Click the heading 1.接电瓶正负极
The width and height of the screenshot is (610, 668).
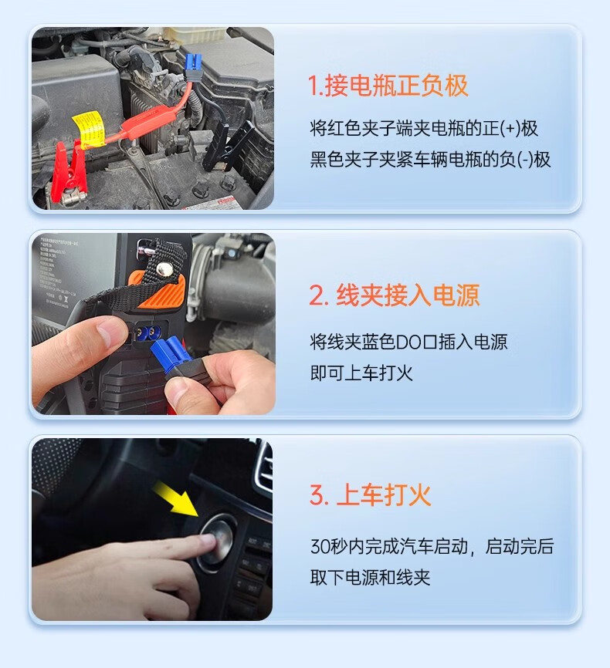(x=388, y=86)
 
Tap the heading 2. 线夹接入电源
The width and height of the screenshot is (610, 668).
(x=395, y=295)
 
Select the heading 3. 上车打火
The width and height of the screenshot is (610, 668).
(x=371, y=495)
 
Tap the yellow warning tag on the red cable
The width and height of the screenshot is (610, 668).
(x=89, y=128)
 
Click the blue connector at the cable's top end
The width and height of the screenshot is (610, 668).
(x=194, y=66)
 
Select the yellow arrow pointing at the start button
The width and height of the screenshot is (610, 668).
(x=178, y=498)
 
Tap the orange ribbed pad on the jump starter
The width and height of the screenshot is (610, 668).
(x=162, y=291)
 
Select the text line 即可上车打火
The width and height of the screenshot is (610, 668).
(x=361, y=373)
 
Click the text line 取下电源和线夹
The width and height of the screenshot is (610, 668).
(x=370, y=578)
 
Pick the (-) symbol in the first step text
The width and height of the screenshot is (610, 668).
(x=525, y=160)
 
